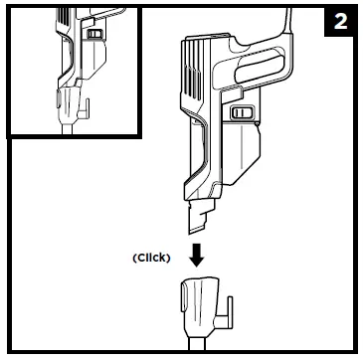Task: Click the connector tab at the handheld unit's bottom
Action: [197, 210]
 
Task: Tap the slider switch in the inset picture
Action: [94, 34]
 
